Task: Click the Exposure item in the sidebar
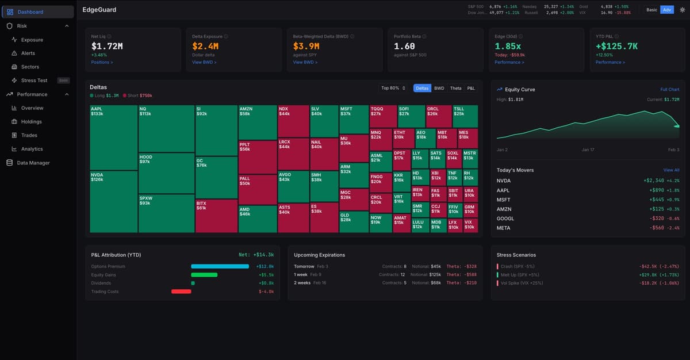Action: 32,40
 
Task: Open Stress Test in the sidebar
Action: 34,81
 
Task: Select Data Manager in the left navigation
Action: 33,163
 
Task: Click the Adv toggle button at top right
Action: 666,10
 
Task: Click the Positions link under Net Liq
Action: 102,62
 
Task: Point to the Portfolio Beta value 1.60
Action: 404,46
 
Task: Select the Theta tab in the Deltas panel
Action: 455,88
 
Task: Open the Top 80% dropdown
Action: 393,88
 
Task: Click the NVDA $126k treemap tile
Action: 113,201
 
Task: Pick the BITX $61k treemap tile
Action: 216,216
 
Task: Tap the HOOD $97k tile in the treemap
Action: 166,173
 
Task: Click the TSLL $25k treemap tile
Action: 465,116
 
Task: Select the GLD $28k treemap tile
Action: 354,221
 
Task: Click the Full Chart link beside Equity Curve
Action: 669,90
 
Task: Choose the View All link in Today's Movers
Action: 671,170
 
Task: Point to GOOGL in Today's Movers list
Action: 505,219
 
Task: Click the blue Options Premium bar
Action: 220,266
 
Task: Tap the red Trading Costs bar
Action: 181,292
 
